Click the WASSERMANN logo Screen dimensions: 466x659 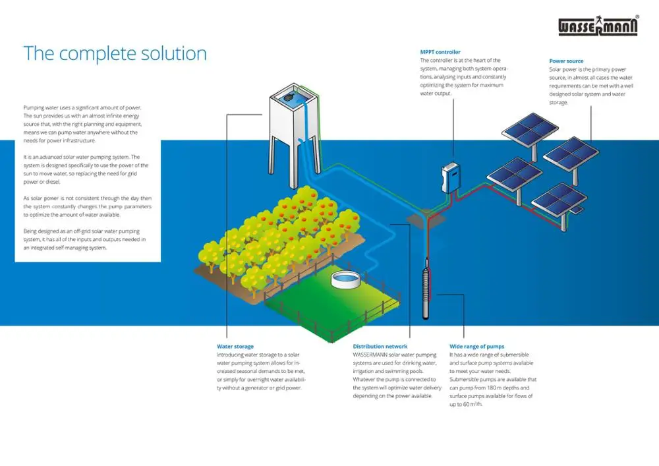click(598, 26)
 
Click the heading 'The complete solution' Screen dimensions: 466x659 click(115, 53)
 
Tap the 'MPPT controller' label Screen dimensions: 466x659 click(440, 52)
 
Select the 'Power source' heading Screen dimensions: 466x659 click(566, 61)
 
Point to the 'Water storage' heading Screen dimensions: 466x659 click(235, 346)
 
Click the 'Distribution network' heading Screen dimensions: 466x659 click(380, 346)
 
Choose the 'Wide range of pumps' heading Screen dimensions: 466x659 click(477, 346)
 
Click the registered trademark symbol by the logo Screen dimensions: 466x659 click(637, 17)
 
